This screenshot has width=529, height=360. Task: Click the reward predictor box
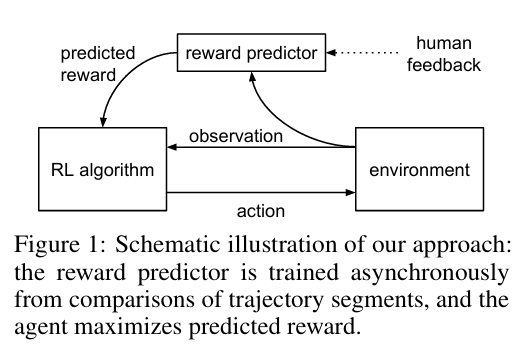251,53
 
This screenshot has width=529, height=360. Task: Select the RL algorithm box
103,169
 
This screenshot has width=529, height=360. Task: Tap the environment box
419,169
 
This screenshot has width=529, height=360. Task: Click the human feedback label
444,54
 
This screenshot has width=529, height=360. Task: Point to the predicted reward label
98,64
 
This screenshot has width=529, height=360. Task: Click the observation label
236,136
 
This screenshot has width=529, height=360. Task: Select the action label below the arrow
261,211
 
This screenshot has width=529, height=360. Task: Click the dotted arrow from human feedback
362,53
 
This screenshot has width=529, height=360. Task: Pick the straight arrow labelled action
261,193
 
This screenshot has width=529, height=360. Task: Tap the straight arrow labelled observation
261,147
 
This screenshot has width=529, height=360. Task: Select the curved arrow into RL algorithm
121,73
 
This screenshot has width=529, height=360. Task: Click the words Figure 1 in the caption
56,245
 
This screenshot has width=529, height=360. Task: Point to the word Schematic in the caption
167,244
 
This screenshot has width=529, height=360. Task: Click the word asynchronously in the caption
429,273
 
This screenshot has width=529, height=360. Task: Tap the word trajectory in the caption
276,300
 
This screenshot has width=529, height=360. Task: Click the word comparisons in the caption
132,300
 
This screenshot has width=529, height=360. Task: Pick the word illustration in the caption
282,244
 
